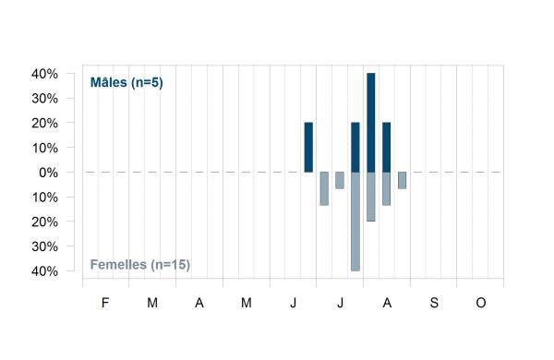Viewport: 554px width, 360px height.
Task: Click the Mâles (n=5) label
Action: click(x=126, y=83)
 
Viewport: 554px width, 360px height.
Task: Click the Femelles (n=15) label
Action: click(x=140, y=265)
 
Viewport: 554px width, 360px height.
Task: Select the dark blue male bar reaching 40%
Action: click(x=371, y=123)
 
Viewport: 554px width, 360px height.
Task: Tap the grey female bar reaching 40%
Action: click(x=355, y=222)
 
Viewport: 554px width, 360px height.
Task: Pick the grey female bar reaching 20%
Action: click(x=371, y=197)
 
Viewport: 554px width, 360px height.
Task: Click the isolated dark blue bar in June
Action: click(x=308, y=148)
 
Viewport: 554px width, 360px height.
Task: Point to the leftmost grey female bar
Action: click(x=324, y=188)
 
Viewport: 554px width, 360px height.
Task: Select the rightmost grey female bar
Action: click(x=402, y=181)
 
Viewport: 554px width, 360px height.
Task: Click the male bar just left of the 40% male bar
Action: click(x=355, y=148)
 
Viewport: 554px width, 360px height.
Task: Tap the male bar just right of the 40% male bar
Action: click(x=387, y=148)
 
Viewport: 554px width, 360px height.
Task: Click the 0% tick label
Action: click(x=48, y=173)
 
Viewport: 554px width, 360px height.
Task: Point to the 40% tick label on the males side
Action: click(x=45, y=74)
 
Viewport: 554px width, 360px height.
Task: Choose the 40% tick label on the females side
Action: click(x=45, y=271)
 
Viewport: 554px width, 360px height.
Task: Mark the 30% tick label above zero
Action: click(x=45, y=99)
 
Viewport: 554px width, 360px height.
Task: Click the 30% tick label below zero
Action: click(x=45, y=246)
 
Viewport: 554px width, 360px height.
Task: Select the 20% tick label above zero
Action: click(x=45, y=124)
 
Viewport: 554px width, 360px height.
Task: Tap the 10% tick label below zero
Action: click(x=45, y=198)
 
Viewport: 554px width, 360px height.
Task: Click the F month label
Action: click(x=105, y=303)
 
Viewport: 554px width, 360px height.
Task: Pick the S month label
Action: click(x=434, y=303)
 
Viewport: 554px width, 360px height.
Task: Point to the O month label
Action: click(x=481, y=303)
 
